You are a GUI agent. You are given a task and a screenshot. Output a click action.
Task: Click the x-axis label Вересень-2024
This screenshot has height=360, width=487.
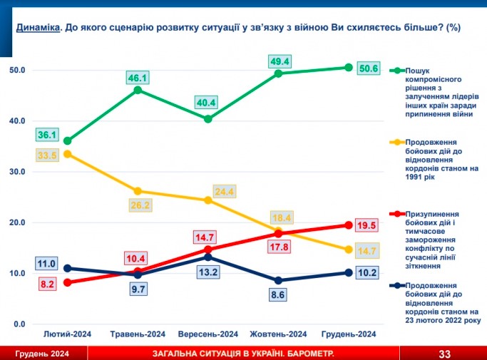[207, 334]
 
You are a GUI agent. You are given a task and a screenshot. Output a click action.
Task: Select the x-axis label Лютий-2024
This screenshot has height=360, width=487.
[67, 334]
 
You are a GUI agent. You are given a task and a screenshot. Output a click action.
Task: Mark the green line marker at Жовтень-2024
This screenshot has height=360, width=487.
[278, 73]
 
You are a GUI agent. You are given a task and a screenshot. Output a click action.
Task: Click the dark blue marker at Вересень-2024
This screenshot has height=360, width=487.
[208, 257]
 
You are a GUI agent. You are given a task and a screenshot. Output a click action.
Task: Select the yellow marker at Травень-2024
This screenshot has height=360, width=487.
[138, 191]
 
